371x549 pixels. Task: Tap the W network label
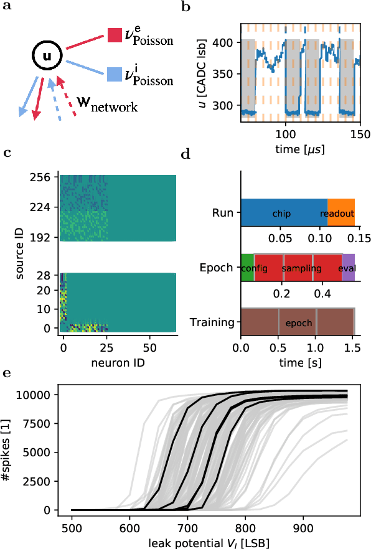click(105, 104)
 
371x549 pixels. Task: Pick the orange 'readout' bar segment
click(341, 213)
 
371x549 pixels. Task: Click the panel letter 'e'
click(6, 373)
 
